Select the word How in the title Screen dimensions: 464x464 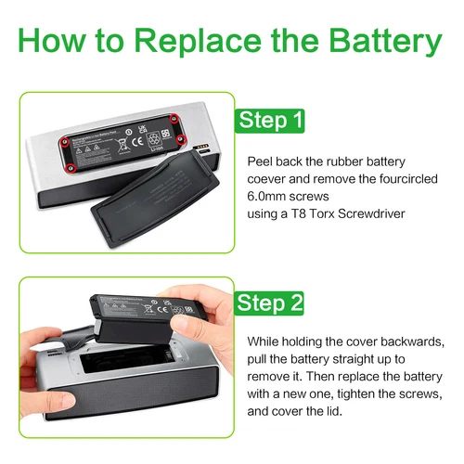[x=58, y=42]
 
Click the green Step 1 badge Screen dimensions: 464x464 [x=270, y=121]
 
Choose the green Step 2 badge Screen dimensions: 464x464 [x=270, y=303]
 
